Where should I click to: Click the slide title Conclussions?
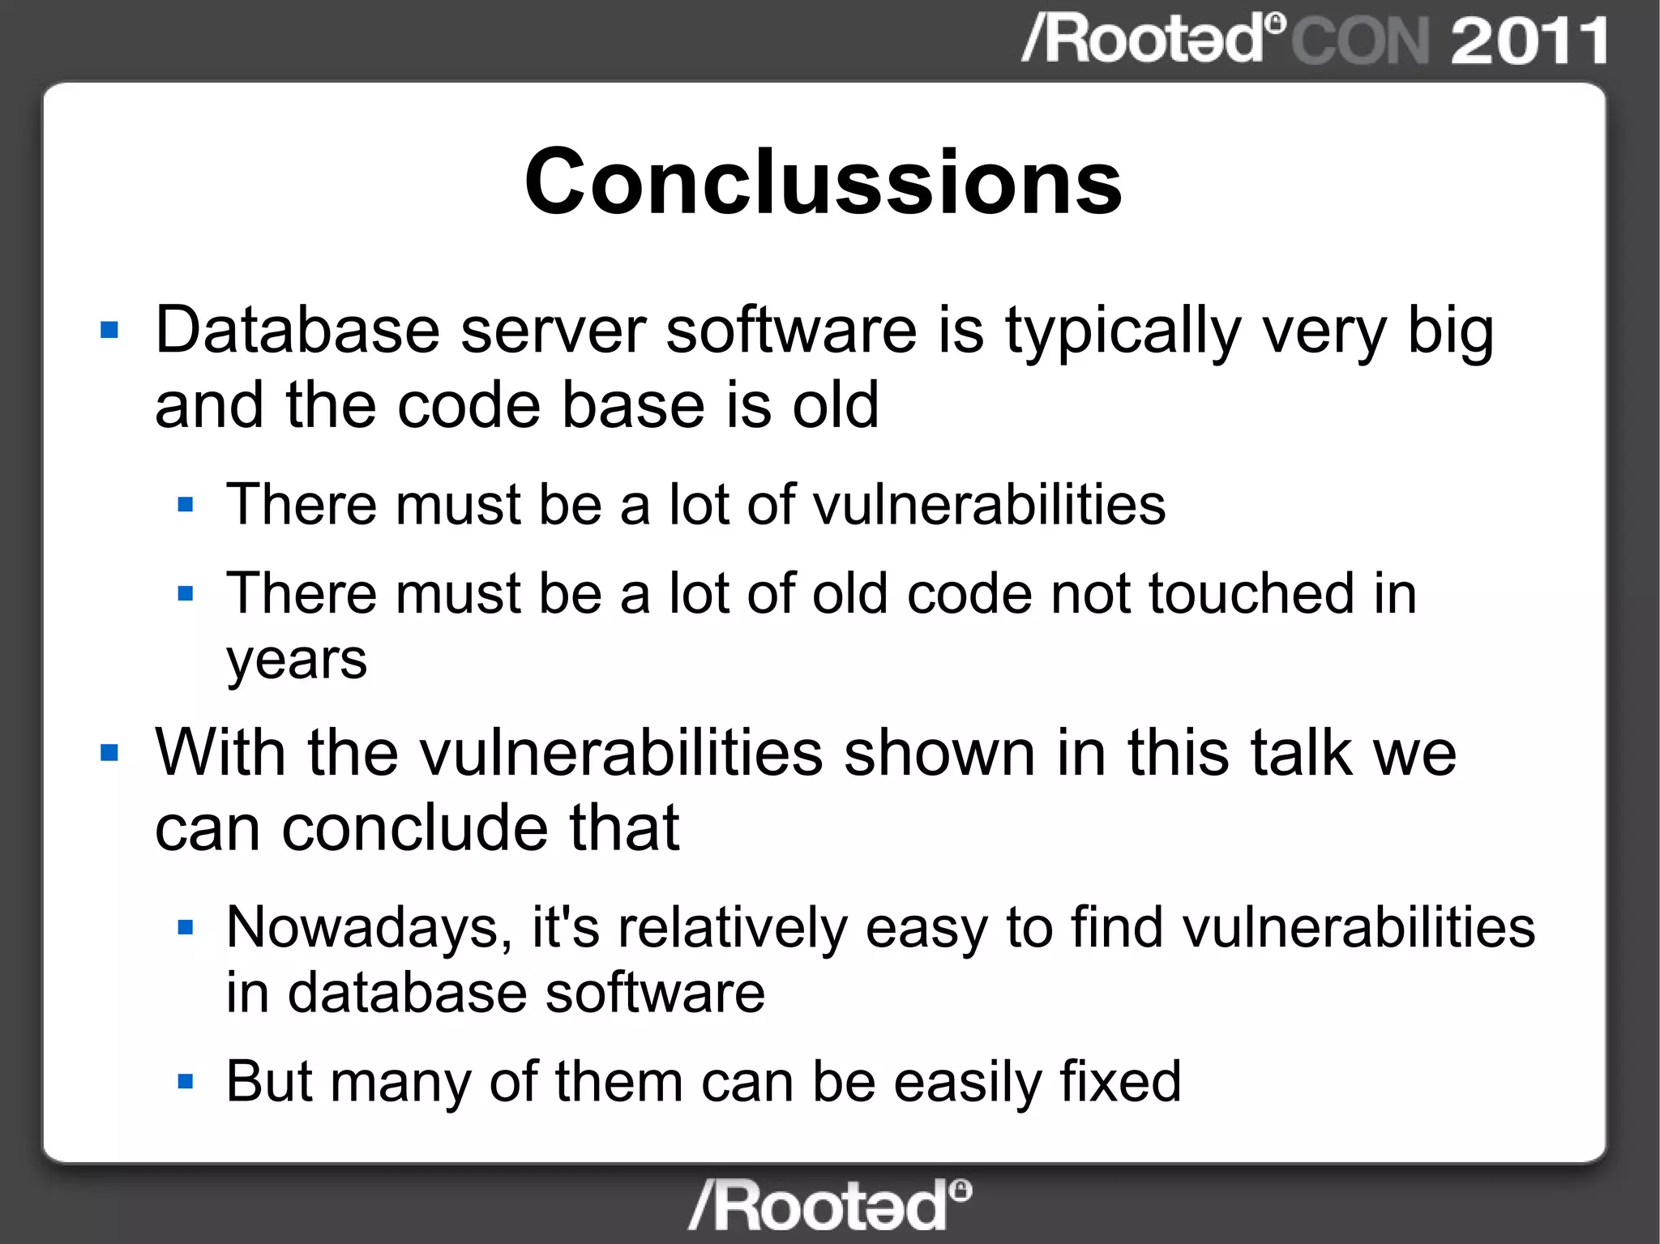click(x=823, y=182)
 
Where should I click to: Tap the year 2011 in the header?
click(x=1529, y=41)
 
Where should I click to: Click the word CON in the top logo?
click(x=1360, y=41)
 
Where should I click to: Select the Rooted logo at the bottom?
click(x=829, y=1205)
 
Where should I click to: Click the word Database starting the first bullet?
click(x=297, y=331)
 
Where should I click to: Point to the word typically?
click(x=1123, y=332)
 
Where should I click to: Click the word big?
click(x=1450, y=332)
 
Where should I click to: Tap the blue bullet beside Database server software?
click(x=109, y=331)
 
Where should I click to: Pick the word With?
click(x=220, y=753)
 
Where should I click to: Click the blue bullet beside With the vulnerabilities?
click(x=109, y=754)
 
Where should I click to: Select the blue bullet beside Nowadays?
click(x=186, y=927)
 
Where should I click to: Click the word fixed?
click(x=1120, y=1082)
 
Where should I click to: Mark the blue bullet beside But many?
click(x=186, y=1082)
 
